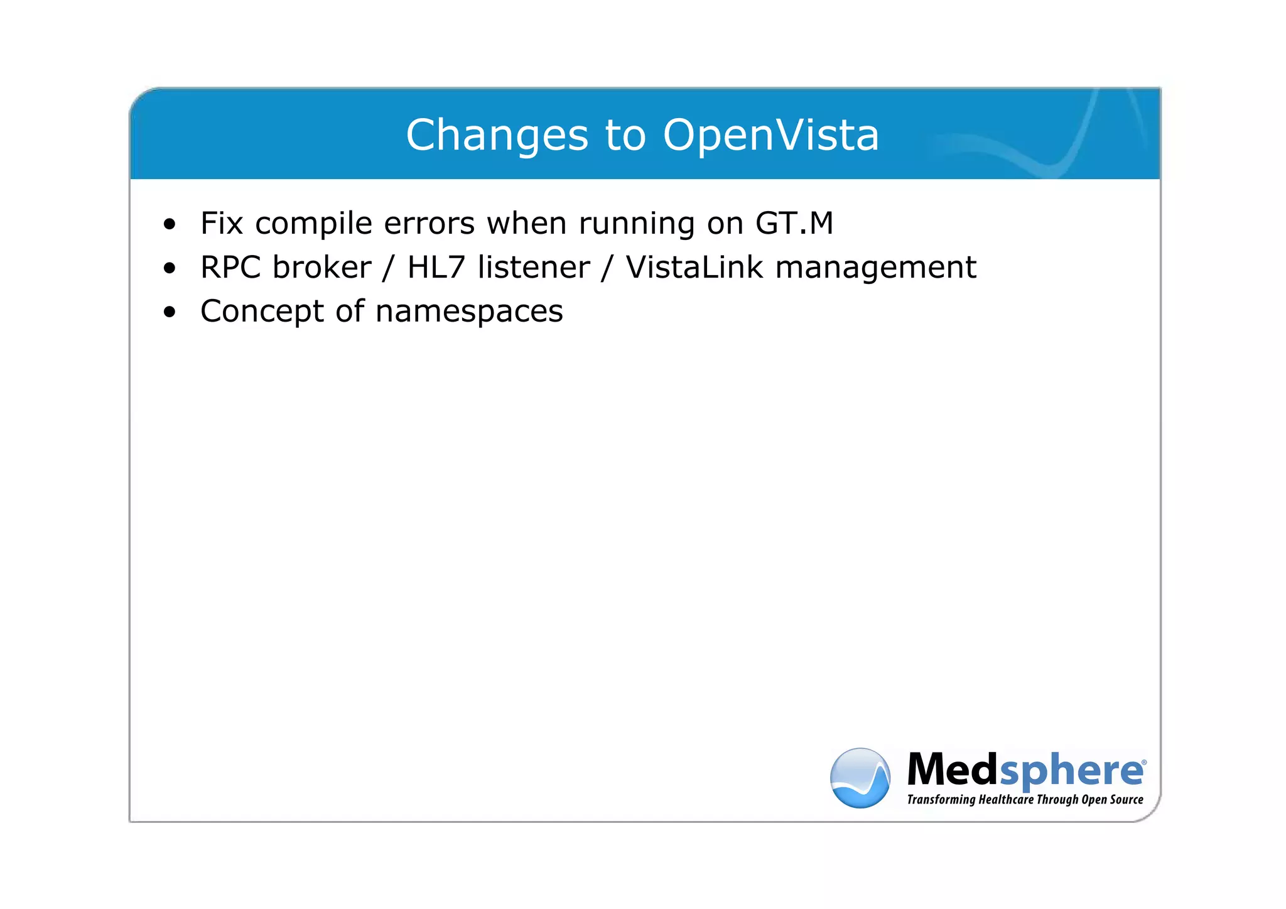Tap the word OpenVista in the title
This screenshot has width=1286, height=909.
click(770, 136)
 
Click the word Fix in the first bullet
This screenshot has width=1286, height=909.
click(222, 223)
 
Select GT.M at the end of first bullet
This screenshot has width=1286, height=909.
click(794, 223)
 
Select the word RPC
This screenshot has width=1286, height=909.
click(230, 268)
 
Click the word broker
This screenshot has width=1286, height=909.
click(321, 268)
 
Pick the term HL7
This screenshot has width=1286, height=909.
click(436, 268)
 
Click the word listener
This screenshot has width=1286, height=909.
click(533, 268)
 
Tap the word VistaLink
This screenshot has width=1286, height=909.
click(694, 268)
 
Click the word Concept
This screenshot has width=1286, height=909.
click(262, 312)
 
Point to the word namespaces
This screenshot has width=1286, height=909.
click(469, 312)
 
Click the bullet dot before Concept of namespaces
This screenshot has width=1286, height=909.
click(169, 312)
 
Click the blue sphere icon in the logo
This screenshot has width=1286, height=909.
click(860, 778)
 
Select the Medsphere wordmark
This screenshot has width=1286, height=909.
click(1025, 770)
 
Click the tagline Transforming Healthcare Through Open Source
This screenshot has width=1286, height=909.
click(1025, 800)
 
